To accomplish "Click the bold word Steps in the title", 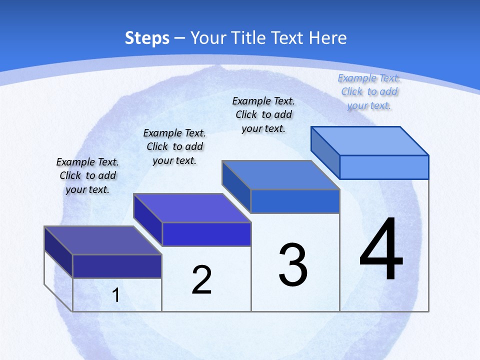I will point(147,38).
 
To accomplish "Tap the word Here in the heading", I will point(326,38).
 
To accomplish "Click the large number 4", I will point(381,250).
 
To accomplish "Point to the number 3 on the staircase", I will point(293,265).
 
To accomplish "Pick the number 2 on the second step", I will point(202,280).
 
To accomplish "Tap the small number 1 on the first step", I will point(116,295).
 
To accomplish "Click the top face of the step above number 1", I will point(103,240).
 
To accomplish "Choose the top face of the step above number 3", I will point(281,175).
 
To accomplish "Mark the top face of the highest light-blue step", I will point(370,141).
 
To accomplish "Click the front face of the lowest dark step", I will point(117,266).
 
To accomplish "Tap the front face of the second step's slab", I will point(206,234).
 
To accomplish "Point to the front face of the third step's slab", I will point(295,201).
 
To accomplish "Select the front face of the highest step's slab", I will point(384,167).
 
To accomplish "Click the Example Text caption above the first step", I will point(87,175).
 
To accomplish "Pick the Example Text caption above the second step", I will point(174,146).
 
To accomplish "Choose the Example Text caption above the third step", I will point(263,114).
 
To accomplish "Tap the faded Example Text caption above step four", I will point(369,91).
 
